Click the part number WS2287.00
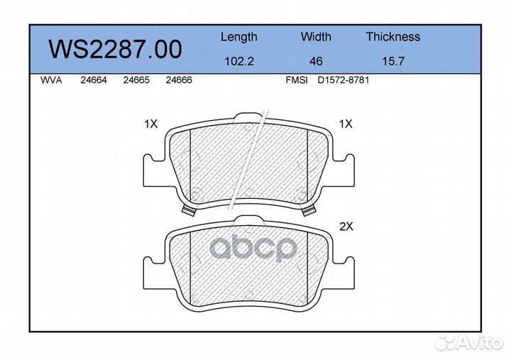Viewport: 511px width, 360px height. [x=115, y=49]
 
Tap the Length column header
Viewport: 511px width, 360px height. [x=239, y=37]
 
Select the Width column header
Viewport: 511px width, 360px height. [x=316, y=36]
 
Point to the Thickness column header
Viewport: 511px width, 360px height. [x=393, y=36]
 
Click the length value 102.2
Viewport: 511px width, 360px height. [x=239, y=61]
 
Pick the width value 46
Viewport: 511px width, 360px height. [x=316, y=61]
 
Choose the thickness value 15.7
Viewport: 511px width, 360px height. [x=393, y=61]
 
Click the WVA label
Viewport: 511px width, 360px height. [x=51, y=80]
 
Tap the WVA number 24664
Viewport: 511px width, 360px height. [x=94, y=80]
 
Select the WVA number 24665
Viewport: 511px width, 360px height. [x=136, y=80]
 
